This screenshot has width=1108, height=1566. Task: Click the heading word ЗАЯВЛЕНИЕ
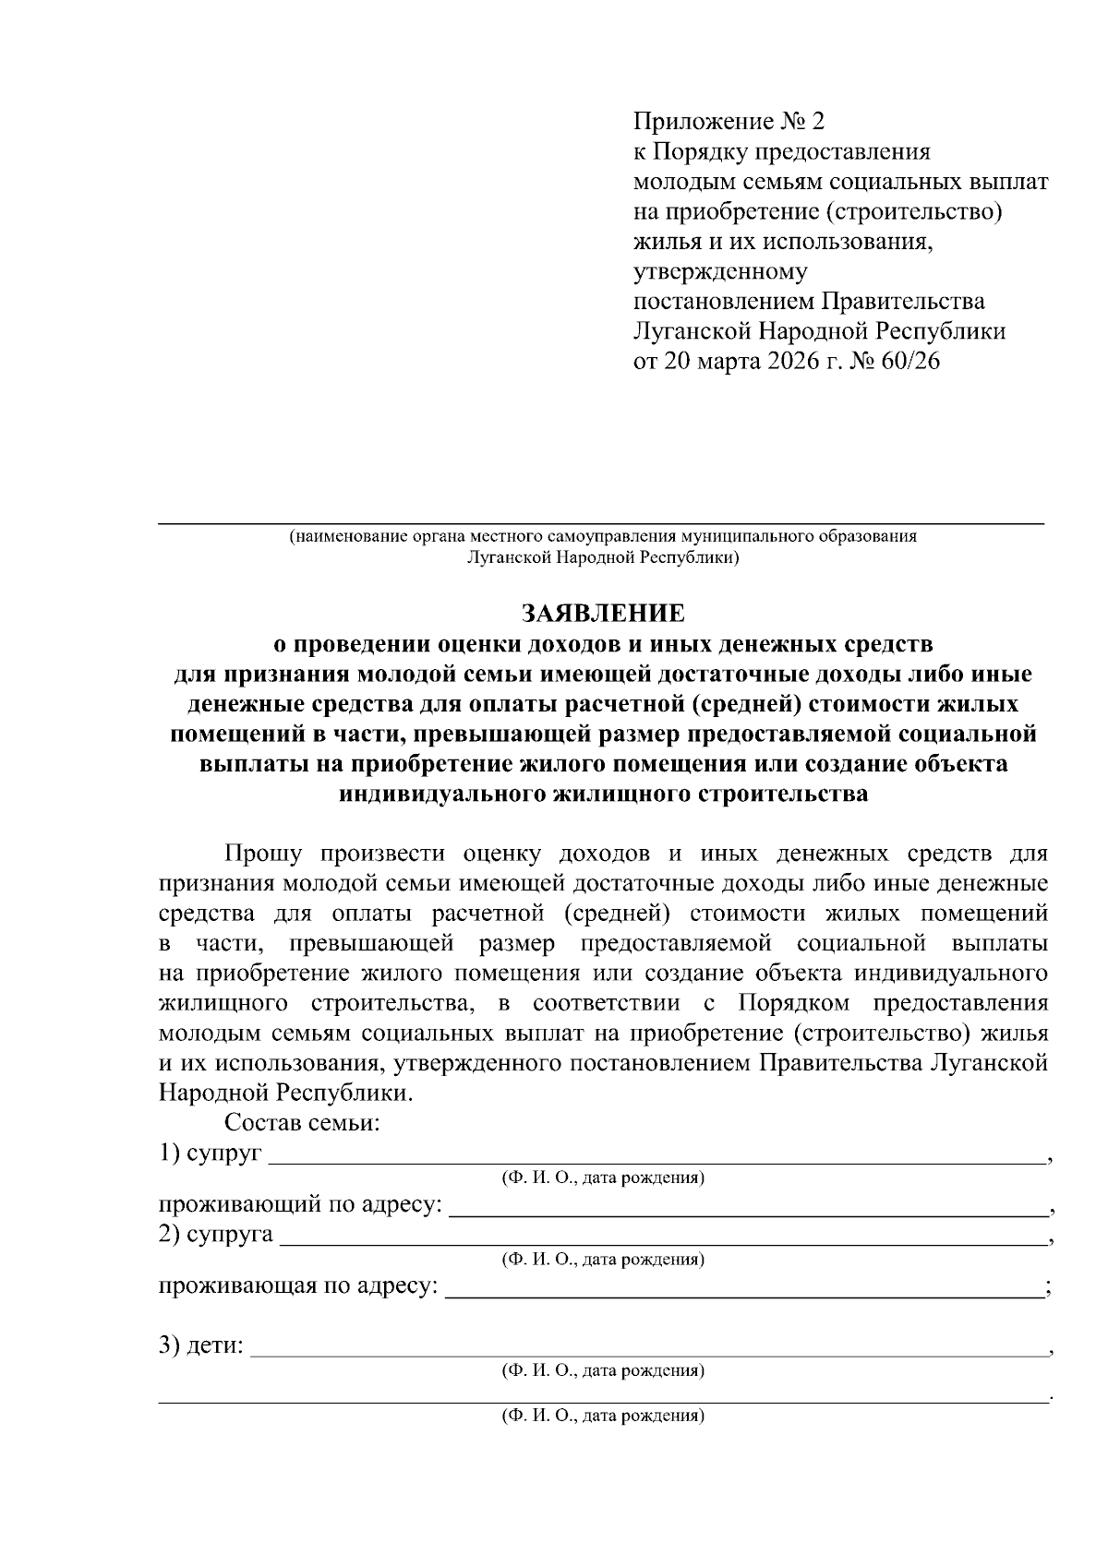point(603,614)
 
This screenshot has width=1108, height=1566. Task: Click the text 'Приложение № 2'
point(727,122)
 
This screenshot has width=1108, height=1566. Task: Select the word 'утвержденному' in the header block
point(720,271)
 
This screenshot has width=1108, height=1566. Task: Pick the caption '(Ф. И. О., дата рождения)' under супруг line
point(603,1178)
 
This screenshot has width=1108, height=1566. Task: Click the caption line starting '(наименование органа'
point(603,536)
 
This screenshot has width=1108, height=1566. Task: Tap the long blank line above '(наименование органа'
point(600,523)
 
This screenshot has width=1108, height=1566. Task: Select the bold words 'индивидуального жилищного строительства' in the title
point(603,794)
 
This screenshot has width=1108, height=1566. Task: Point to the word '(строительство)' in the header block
point(914,211)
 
